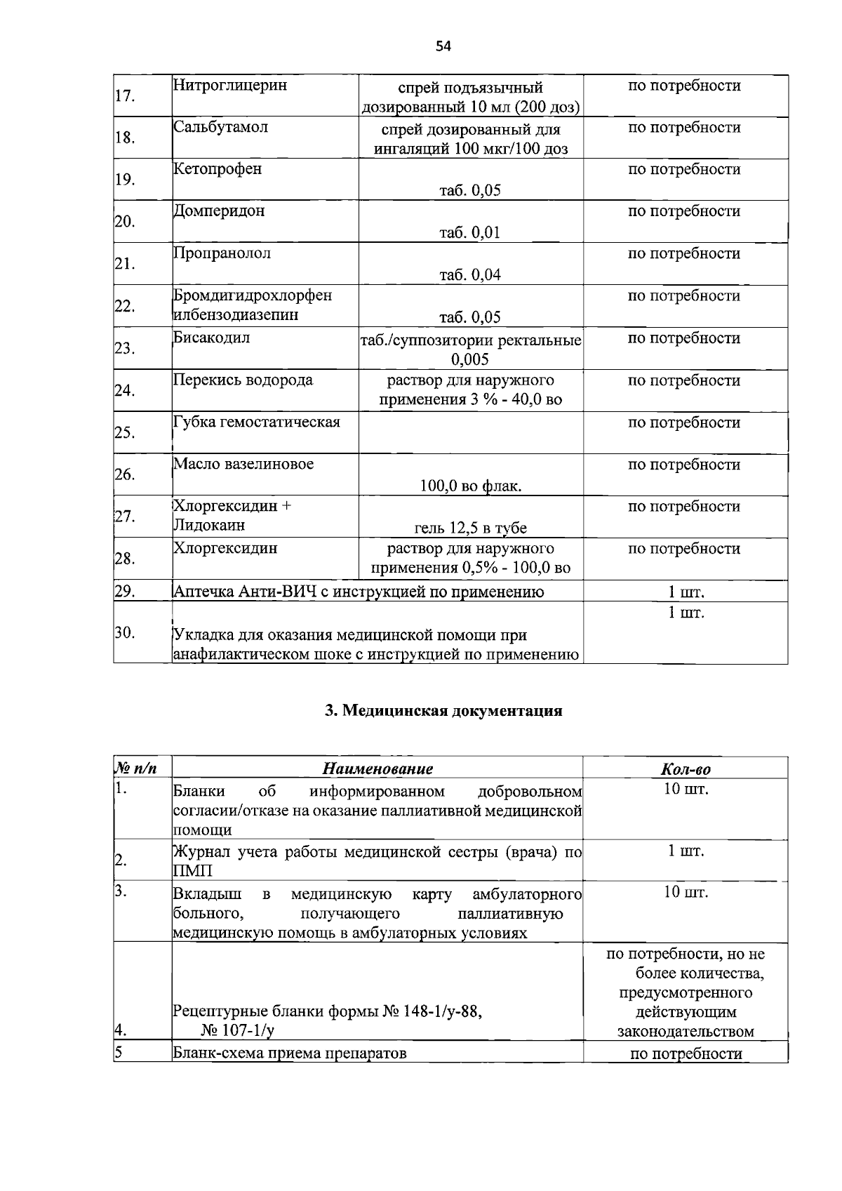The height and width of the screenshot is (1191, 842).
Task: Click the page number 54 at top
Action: (x=443, y=46)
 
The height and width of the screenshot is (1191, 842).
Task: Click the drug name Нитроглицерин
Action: (x=230, y=86)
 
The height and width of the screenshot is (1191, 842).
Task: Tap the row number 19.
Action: (x=125, y=180)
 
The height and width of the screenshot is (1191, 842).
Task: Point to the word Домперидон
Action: (x=220, y=211)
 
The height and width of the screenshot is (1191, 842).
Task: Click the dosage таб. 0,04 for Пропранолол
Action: (x=470, y=274)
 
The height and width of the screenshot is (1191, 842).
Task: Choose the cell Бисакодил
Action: (x=212, y=338)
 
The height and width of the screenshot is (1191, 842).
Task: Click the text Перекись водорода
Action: (x=243, y=380)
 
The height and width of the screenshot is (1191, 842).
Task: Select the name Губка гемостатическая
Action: (x=257, y=422)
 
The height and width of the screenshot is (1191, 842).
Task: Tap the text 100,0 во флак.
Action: (x=470, y=486)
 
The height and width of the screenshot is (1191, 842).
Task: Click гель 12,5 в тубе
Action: (x=470, y=528)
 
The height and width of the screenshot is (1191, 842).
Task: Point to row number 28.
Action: (x=125, y=559)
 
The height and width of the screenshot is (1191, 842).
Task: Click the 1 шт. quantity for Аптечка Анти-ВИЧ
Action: (x=686, y=592)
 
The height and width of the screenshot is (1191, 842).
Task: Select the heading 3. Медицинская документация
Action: (x=443, y=710)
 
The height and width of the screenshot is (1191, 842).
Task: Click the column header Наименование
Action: (x=377, y=769)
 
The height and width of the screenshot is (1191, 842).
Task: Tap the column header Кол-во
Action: (x=686, y=769)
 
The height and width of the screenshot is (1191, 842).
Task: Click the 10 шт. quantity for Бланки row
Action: (x=686, y=789)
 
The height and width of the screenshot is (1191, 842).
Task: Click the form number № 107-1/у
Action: (x=237, y=1031)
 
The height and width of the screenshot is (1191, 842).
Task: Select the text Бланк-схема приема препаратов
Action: (x=290, y=1053)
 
